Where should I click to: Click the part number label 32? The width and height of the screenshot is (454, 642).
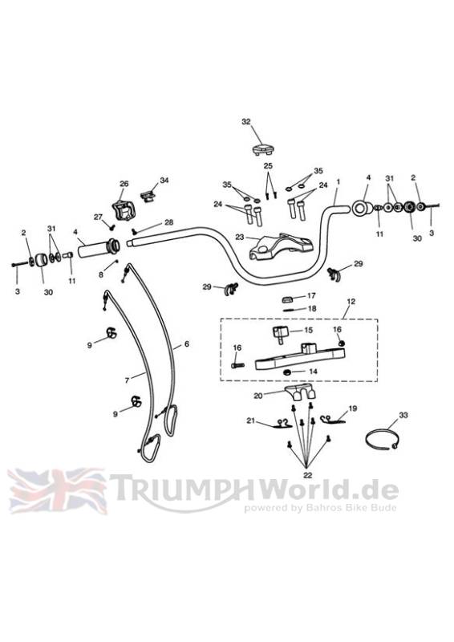pyautogui.click(x=245, y=122)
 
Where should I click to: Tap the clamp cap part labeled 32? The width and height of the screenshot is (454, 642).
pyautogui.click(x=263, y=149)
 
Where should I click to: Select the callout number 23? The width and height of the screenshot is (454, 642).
pyautogui.click(x=240, y=237)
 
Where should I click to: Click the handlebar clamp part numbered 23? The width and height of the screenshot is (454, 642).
pyautogui.click(x=280, y=246)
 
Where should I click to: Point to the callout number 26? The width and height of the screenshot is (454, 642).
pyautogui.click(x=124, y=184)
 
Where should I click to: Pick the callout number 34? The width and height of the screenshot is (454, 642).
pyautogui.click(x=164, y=180)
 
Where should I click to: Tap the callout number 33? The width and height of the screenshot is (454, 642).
pyautogui.click(x=403, y=415)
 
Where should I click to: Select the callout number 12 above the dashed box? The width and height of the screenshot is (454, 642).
pyautogui.click(x=351, y=302)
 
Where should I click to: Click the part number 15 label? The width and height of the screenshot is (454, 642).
pyautogui.click(x=308, y=330)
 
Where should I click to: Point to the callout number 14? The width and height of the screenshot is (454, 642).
pyautogui.click(x=313, y=372)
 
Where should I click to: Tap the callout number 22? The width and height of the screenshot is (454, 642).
pyautogui.click(x=307, y=475)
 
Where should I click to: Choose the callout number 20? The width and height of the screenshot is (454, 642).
pyautogui.click(x=258, y=396)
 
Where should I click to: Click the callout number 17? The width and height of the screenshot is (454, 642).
pyautogui.click(x=311, y=295)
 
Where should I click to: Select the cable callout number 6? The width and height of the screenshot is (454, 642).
pyautogui.click(x=187, y=344)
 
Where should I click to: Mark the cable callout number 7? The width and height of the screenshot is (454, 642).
pyautogui.click(x=127, y=380)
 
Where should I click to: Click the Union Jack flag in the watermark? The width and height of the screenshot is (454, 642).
pyautogui.click(x=57, y=491)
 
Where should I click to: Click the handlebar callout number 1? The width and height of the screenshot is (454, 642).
pyautogui.click(x=338, y=181)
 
